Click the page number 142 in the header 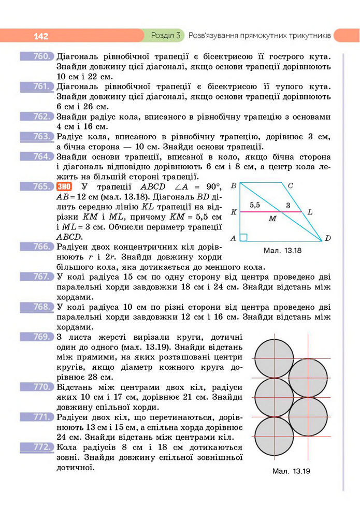point(40,36)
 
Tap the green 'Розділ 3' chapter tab point(165,36)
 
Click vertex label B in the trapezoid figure point(234,185)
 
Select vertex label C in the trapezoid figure point(290,185)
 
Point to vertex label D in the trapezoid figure point(328,238)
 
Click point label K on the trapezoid point(234,212)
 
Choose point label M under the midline point(272,219)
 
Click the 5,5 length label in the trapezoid point(255,205)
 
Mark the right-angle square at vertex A point(243,237)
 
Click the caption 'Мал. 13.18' point(282,251)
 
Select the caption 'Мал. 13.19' point(291,471)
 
